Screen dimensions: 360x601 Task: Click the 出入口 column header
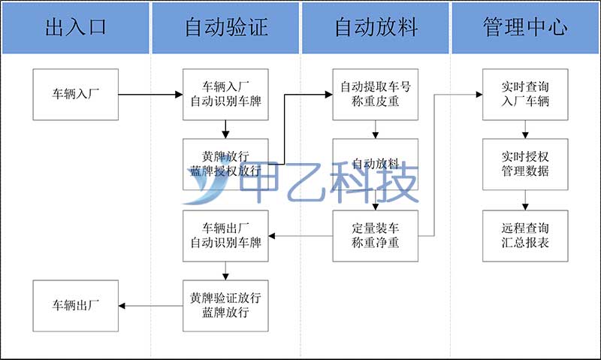(x=76, y=28)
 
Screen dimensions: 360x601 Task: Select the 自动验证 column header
(x=225, y=28)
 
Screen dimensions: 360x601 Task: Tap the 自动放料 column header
(x=376, y=28)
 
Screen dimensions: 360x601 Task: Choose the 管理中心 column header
(x=525, y=28)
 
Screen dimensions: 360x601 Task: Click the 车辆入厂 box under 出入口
(x=76, y=95)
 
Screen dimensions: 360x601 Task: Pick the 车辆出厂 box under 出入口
(x=76, y=305)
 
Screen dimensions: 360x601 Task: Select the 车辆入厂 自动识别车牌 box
(x=225, y=95)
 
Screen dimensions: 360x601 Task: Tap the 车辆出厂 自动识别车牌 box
(x=225, y=236)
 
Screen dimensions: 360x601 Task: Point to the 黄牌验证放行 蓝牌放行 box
(x=225, y=305)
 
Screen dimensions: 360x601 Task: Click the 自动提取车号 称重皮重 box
(x=376, y=95)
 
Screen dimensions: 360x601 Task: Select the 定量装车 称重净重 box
(x=376, y=236)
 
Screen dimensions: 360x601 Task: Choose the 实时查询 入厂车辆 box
(x=525, y=95)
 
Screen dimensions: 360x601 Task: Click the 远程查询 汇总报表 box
(x=525, y=236)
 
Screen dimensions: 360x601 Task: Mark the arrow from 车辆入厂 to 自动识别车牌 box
(x=150, y=95)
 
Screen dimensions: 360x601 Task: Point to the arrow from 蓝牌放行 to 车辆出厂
(x=150, y=305)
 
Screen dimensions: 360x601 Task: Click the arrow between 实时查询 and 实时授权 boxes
(x=525, y=129)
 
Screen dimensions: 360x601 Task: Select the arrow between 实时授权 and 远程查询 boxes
(x=525, y=199)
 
